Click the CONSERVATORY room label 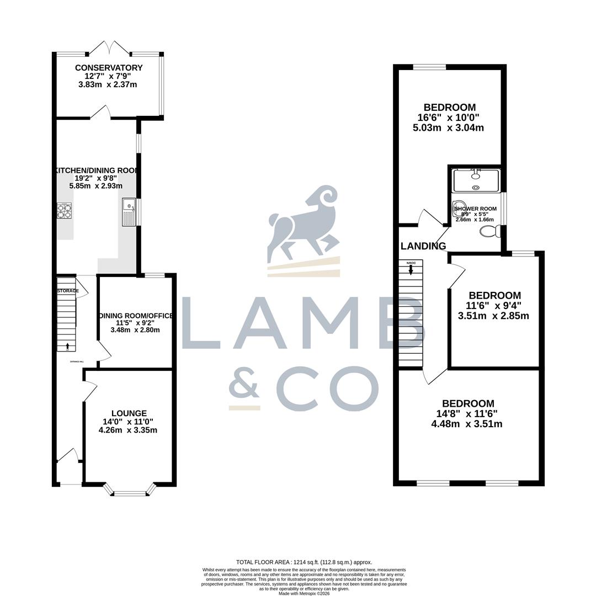pos(109,68)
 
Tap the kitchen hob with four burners pos(65,211)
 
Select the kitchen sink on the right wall pos(129,211)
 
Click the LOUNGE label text pos(129,413)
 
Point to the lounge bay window pos(130,491)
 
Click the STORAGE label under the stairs pos(68,291)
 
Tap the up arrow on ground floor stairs pos(67,347)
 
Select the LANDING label pos(423,246)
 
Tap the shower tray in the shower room pos(476,181)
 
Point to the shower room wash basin pos(459,209)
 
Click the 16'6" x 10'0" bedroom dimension pos(448,118)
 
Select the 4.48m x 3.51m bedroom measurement pos(466,424)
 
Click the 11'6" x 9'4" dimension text pos(493,306)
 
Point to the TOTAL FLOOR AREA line pos(304,562)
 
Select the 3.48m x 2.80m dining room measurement pos(135,330)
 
